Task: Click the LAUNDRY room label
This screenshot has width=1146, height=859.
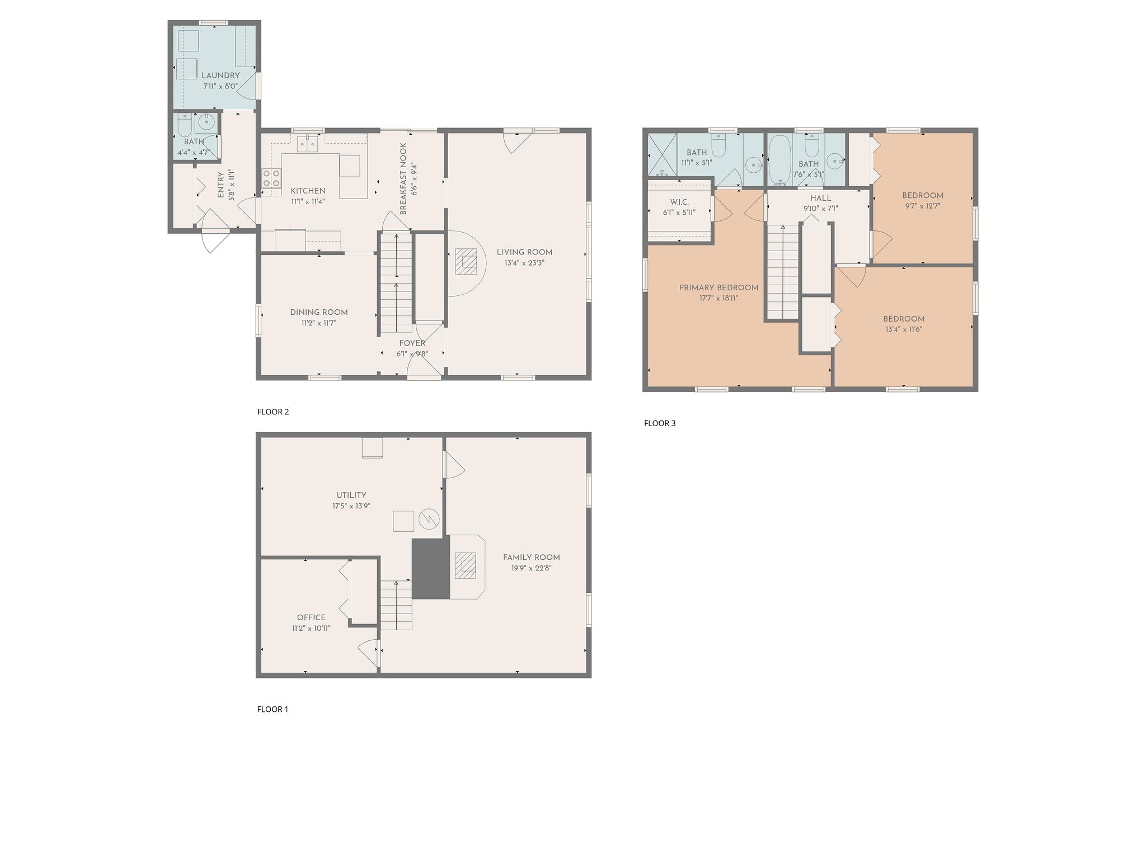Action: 220,75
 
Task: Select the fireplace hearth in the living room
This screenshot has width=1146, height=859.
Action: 465,261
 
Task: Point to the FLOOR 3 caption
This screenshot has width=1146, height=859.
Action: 660,423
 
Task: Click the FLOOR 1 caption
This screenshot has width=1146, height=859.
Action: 273,709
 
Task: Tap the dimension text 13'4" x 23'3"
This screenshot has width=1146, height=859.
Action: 524,263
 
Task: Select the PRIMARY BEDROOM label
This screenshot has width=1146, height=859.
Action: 718,288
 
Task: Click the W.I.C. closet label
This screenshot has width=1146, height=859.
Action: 679,202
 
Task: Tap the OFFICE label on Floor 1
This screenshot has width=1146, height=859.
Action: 311,617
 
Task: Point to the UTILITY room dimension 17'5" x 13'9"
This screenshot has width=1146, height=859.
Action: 351,506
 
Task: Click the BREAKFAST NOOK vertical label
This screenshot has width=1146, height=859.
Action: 403,179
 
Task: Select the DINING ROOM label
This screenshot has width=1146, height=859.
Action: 319,313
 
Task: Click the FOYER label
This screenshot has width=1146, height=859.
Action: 412,343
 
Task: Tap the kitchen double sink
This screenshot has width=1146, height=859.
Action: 308,144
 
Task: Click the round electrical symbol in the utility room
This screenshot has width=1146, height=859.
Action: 429,520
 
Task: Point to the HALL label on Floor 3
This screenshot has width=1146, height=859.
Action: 821,198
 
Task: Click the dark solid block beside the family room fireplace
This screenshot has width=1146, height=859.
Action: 431,569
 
